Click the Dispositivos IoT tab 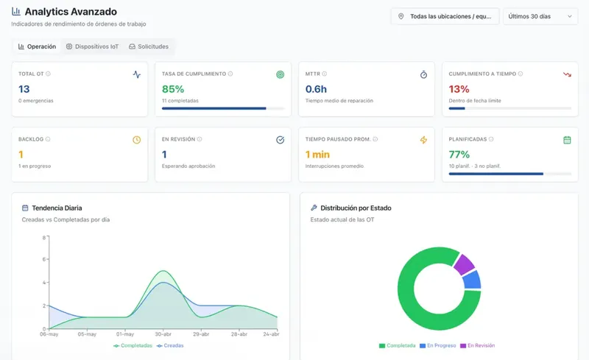tap(93, 46)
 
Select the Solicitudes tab tap(149, 46)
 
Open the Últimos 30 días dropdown tap(540, 16)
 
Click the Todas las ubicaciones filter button tap(445, 16)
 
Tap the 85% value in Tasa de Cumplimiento tap(173, 89)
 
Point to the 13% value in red tap(459, 89)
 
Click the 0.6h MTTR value tap(316, 89)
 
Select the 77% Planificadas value tap(459, 155)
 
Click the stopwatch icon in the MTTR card tap(423, 74)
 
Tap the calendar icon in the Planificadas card tap(567, 140)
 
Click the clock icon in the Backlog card tap(137, 140)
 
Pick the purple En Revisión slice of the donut tap(464, 264)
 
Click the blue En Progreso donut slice tap(472, 280)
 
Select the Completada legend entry tap(398, 345)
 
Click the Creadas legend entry tap(170, 345)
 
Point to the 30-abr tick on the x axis tap(163, 333)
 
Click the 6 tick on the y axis tap(44, 259)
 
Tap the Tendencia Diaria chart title tap(57, 208)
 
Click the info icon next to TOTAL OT tap(48, 74)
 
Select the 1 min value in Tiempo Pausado tap(317, 155)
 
